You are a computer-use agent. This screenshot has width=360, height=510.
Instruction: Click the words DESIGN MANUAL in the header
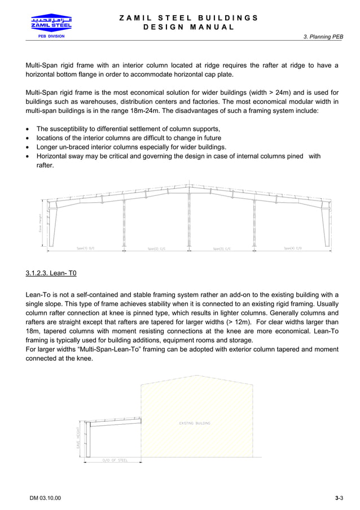click(189, 27)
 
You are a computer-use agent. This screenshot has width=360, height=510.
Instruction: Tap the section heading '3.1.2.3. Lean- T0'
click(51, 273)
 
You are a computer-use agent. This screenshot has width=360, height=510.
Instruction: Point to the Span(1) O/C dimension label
click(85, 248)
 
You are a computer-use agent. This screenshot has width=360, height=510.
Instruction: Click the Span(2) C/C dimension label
click(156, 249)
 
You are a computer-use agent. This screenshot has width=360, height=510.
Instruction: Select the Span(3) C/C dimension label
click(222, 249)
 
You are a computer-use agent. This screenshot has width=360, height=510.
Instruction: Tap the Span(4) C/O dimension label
click(292, 248)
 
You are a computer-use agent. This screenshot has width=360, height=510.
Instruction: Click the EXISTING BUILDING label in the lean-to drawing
click(195, 422)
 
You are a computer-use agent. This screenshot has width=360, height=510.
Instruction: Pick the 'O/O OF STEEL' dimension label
click(115, 460)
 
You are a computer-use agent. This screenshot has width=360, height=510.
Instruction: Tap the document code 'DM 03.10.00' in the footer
click(46, 498)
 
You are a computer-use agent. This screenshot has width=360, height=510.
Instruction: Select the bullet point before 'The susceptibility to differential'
click(28, 129)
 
